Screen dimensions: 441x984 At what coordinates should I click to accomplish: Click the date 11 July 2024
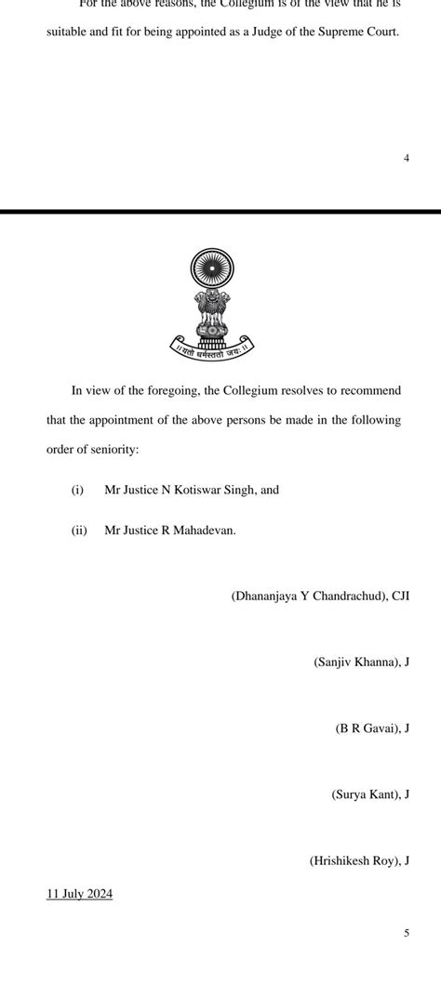79,894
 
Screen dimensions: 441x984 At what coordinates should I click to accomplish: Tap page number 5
407,933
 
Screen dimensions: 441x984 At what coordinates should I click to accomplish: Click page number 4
407,158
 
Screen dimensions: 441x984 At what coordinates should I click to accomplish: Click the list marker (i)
77,490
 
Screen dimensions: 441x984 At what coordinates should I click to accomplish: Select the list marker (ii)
79,531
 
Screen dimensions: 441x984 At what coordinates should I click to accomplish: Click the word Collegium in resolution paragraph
253,390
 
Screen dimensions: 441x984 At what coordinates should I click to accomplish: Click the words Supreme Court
355,32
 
